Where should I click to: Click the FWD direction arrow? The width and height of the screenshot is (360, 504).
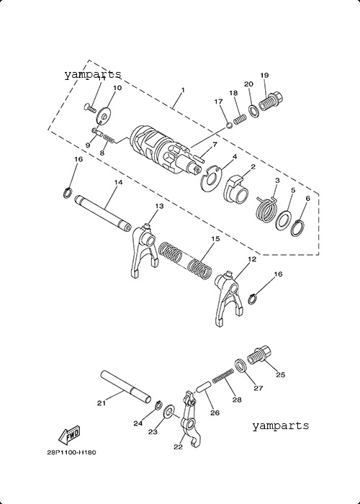tap(69, 436)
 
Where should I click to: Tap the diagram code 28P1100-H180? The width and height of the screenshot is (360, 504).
tap(71, 453)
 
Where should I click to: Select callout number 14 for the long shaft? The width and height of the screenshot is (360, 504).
tap(118, 182)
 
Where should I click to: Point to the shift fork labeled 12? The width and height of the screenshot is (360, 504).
tap(228, 298)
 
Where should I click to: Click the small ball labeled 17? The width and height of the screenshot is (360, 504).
tap(229, 125)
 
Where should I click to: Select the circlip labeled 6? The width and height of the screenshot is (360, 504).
tap(298, 228)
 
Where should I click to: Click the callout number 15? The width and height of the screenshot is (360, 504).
tap(215, 239)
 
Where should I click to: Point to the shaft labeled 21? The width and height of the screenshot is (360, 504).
tap(126, 387)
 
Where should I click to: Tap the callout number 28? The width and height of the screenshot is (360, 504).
tap(237, 400)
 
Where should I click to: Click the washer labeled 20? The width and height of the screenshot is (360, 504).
tap(253, 111)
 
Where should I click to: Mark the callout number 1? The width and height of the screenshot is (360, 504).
tap(183, 90)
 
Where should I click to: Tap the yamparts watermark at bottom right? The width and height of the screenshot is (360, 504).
tap(280, 426)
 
